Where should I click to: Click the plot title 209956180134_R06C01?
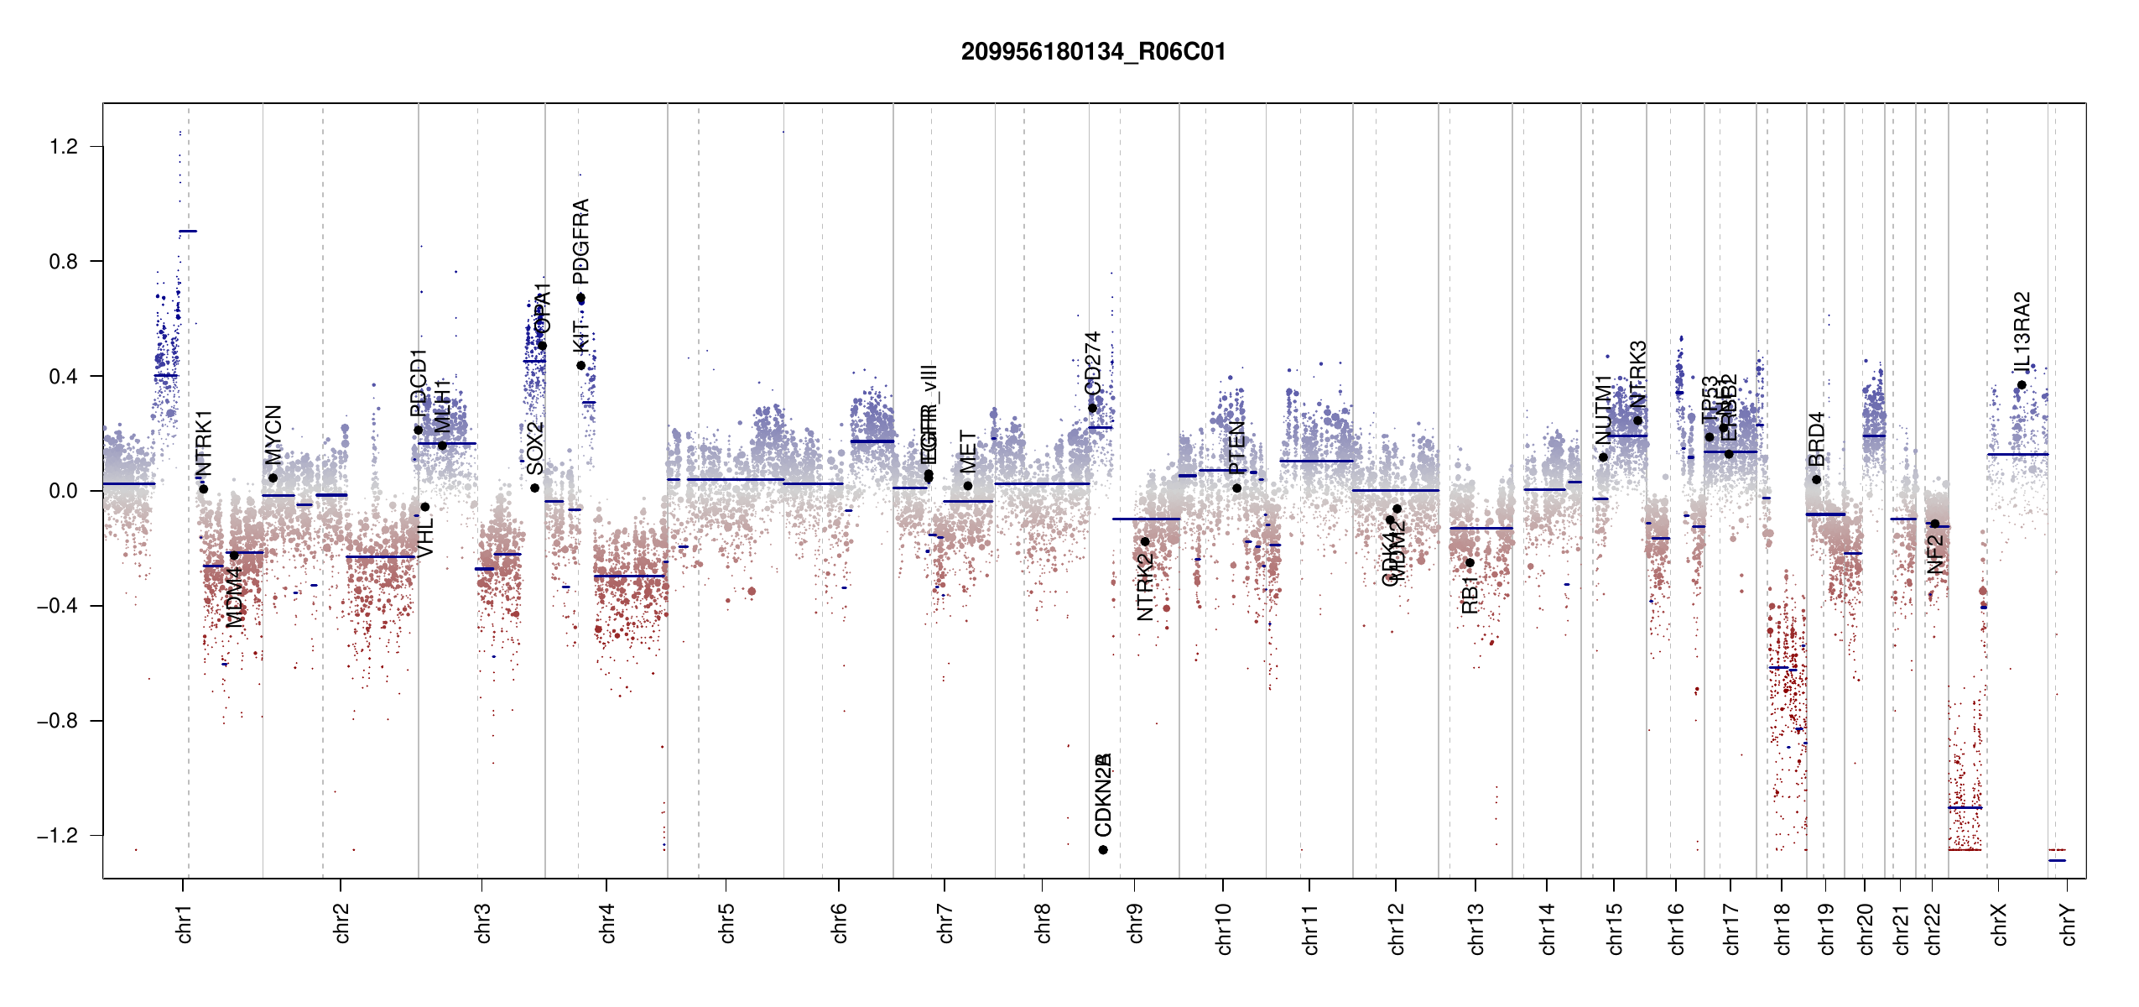point(1093,52)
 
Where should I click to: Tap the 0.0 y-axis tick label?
point(64,491)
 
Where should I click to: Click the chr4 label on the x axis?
point(607,923)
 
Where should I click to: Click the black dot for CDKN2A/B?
point(1103,850)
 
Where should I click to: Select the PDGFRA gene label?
point(580,242)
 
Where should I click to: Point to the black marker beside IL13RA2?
point(2022,385)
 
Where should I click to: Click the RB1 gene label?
point(1470,595)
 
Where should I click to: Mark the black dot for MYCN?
point(273,478)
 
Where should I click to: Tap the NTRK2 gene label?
point(1145,587)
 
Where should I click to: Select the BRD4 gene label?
point(1816,439)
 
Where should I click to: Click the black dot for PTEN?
point(1236,488)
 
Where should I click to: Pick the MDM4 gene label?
point(235,597)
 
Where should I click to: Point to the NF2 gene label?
point(1935,555)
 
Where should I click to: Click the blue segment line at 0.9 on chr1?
point(188,231)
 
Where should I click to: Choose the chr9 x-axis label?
point(1136,923)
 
